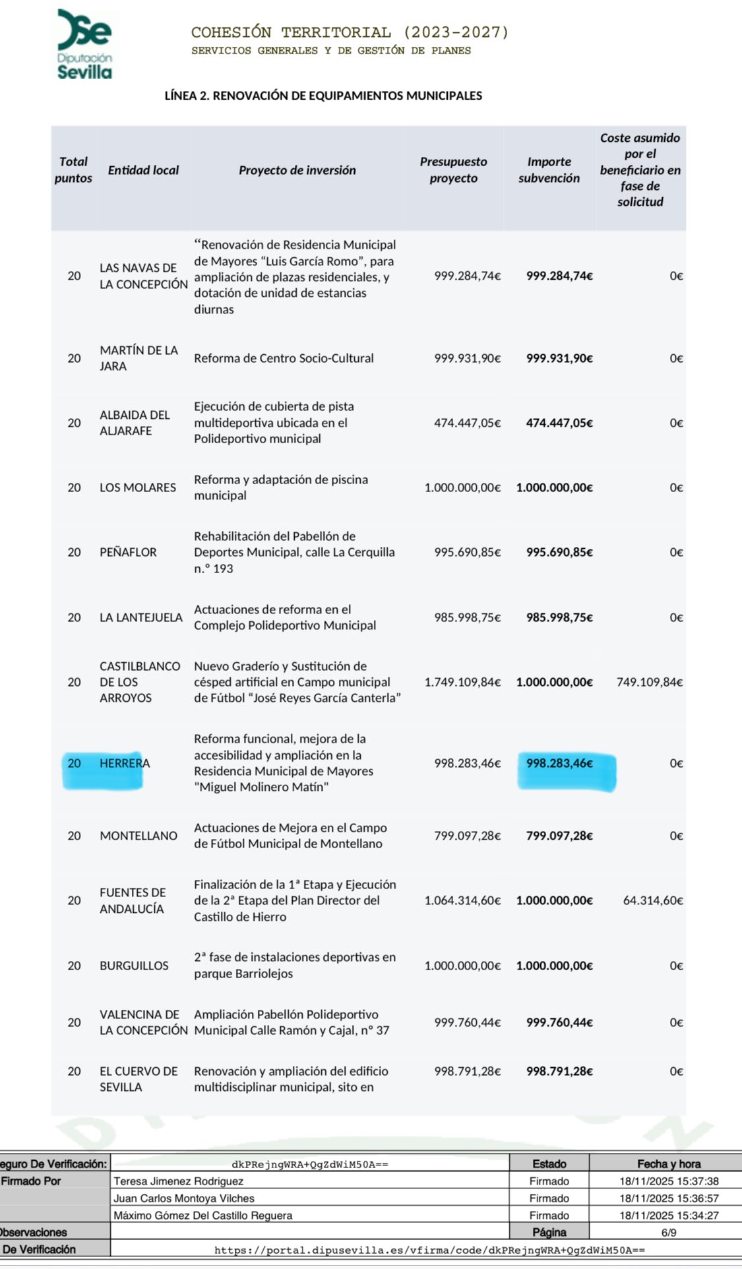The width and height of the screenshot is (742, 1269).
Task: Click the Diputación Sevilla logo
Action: click(84, 45)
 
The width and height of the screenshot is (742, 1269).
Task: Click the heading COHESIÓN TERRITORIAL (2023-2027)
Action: click(350, 32)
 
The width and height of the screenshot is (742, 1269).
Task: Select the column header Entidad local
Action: click(143, 170)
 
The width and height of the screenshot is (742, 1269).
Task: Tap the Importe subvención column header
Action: click(549, 170)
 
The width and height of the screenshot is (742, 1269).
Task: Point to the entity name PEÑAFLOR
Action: click(128, 552)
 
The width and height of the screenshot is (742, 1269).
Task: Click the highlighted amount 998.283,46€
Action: click(559, 763)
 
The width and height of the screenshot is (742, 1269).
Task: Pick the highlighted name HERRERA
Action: click(125, 763)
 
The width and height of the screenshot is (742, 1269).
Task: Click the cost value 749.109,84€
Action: click(649, 682)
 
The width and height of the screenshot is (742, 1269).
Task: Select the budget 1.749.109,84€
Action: click(462, 682)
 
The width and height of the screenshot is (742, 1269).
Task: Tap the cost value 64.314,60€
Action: click(652, 900)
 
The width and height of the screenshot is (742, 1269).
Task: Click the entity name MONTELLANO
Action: click(139, 836)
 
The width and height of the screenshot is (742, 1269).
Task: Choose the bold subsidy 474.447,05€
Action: click(559, 423)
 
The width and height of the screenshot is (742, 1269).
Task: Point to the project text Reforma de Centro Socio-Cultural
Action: click(284, 358)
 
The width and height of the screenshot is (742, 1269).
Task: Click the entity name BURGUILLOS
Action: click(134, 966)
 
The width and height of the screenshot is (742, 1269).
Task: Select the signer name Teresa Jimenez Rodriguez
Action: click(178, 1181)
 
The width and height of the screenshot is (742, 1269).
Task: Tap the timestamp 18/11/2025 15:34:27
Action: click(669, 1216)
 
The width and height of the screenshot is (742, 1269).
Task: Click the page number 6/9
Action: click(668, 1232)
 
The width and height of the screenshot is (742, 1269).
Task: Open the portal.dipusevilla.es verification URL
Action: click(429, 1250)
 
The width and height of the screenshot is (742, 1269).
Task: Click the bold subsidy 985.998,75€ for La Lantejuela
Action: click(559, 617)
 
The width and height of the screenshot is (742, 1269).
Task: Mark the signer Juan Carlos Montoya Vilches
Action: click(183, 1198)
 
